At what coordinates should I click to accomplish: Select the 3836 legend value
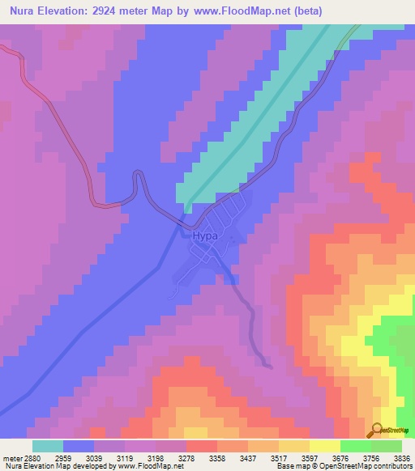401,457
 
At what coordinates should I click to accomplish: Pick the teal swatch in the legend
48,446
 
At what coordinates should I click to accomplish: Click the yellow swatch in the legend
324,446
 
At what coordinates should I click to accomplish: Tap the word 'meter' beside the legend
12,457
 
